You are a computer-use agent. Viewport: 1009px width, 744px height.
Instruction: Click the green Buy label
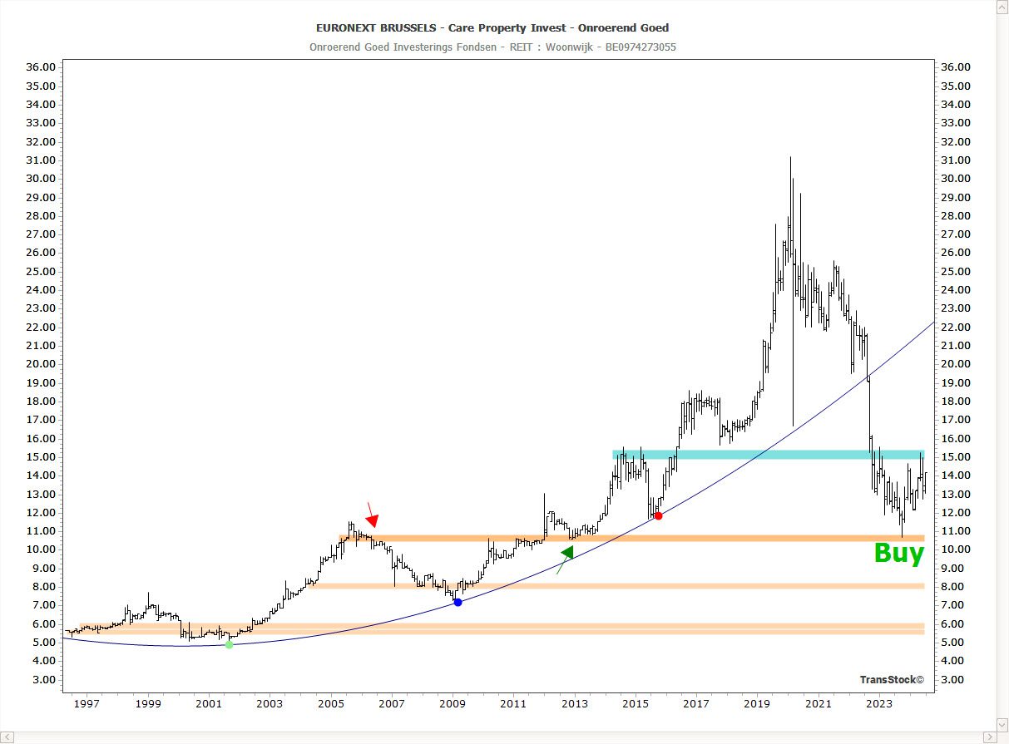pos(898,554)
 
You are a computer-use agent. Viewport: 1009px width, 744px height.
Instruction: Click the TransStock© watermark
pos(892,680)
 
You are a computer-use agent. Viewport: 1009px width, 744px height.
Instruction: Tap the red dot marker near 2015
pos(658,516)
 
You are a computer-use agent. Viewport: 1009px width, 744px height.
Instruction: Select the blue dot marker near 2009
pos(458,602)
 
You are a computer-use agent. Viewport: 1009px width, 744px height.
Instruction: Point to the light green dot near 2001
pos(230,644)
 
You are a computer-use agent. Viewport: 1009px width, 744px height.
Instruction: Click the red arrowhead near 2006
pos(373,521)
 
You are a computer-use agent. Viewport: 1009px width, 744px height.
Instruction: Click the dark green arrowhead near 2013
pos(568,552)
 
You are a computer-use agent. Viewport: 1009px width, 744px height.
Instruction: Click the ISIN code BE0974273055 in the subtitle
pos(641,47)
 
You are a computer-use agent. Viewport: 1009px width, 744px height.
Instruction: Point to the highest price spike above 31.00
pos(790,158)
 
